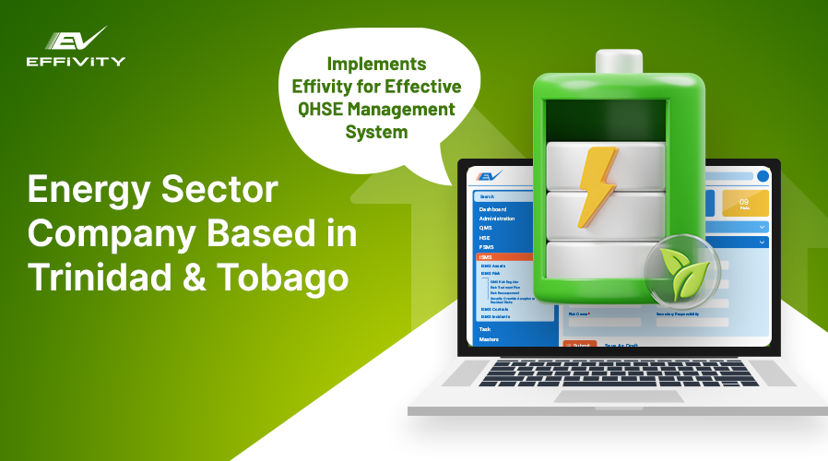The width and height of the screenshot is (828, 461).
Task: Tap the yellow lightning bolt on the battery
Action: tap(597, 185)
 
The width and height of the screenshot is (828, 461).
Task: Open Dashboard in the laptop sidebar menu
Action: tap(493, 209)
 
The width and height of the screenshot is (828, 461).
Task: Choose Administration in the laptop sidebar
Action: tap(497, 219)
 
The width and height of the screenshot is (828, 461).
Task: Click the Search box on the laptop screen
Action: tap(503, 196)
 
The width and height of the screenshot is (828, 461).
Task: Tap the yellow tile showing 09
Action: tap(745, 203)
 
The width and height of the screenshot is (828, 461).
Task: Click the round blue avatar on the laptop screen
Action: tap(763, 176)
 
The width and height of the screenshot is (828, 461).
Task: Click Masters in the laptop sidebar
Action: tap(489, 339)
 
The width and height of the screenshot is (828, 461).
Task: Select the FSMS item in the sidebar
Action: tap(486, 246)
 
